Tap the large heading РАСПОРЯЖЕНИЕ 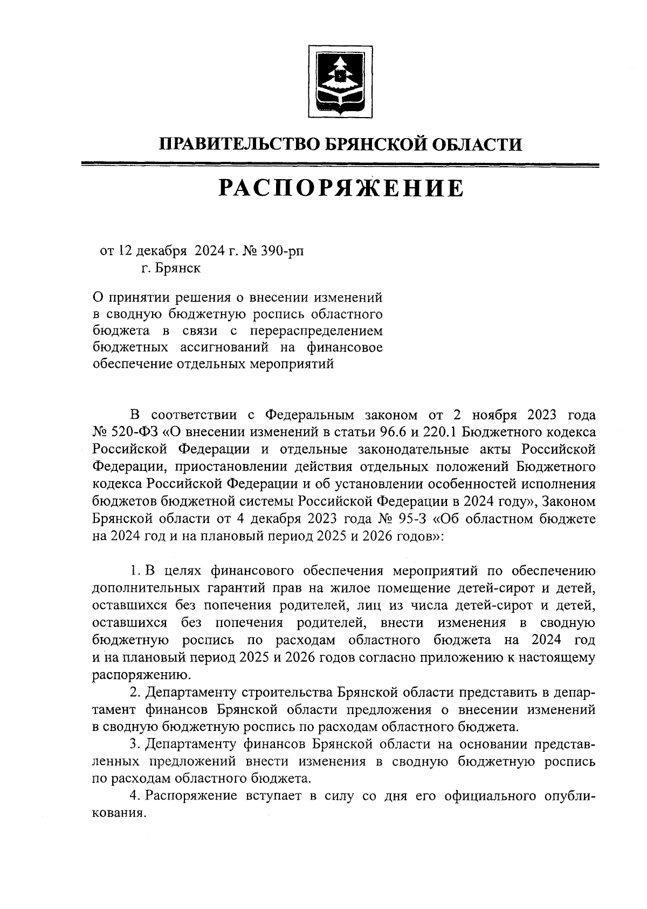tap(340, 188)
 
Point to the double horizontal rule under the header tap(340, 166)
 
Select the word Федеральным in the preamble tap(310, 415)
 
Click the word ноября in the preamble tap(495, 415)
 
